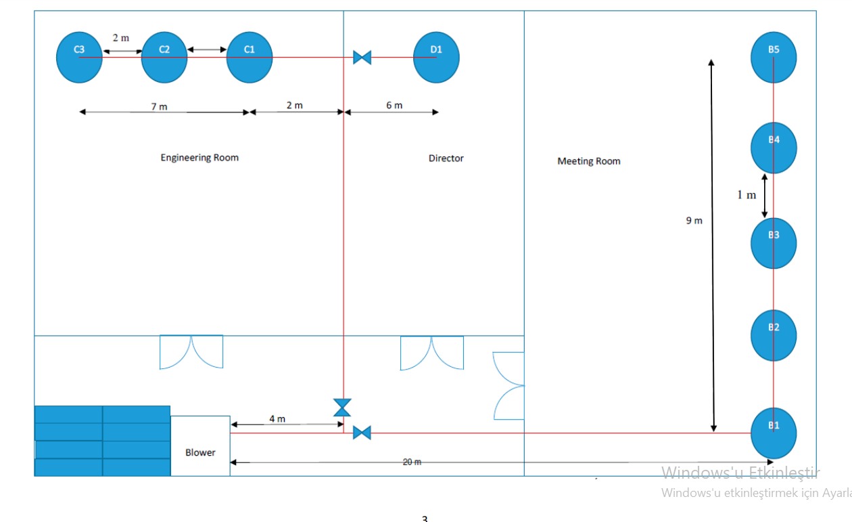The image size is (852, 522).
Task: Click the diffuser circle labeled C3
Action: (79, 58)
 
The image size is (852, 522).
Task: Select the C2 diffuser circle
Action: (164, 58)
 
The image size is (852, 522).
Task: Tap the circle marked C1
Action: (250, 58)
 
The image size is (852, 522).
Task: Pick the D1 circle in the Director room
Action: (436, 58)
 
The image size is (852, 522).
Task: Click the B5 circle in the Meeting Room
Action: (774, 58)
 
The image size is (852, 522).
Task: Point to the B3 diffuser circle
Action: (774, 243)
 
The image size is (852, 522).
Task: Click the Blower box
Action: (200, 446)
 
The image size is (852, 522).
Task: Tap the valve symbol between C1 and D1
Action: (362, 58)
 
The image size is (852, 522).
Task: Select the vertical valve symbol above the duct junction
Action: (343, 408)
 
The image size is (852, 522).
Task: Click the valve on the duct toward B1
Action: (362, 433)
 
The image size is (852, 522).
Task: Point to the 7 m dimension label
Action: (159, 106)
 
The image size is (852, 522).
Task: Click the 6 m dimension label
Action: (394, 105)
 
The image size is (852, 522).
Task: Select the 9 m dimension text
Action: (694, 221)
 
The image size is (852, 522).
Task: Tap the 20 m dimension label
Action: (412, 462)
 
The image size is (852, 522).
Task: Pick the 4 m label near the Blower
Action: (277, 418)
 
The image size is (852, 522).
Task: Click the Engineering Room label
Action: (199, 158)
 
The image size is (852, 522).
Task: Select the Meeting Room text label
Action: (588, 161)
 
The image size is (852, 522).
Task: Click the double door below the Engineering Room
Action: (191, 352)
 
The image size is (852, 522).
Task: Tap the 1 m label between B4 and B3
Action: (747, 195)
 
